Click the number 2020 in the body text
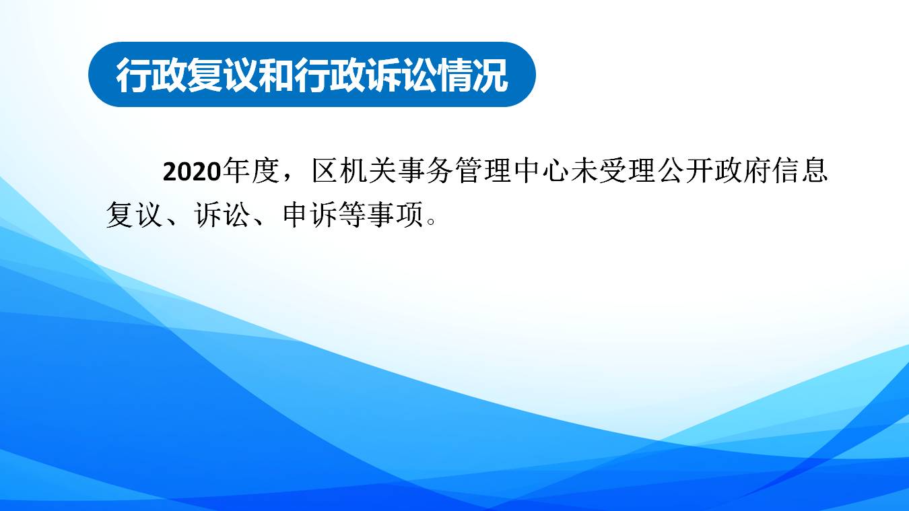click(x=191, y=172)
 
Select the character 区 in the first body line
click(x=326, y=170)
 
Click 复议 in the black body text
click(x=134, y=214)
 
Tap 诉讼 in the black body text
click(x=222, y=214)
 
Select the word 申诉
click(x=310, y=214)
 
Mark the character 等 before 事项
click(x=353, y=214)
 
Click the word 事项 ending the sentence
click(x=396, y=214)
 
